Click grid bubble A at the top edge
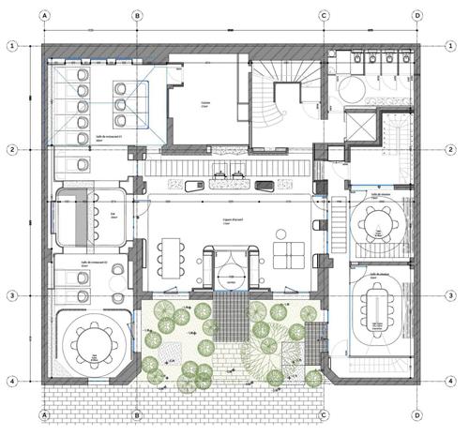(44, 16)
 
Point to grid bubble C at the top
(325, 16)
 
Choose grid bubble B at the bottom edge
(138, 414)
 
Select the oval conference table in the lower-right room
(377, 308)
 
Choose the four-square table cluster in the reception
(288, 252)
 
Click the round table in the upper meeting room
(377, 223)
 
